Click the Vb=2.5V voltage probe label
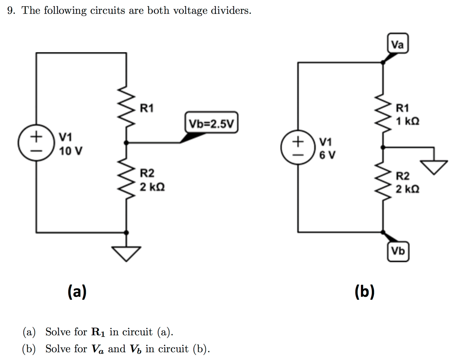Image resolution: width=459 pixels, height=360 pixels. [x=211, y=123]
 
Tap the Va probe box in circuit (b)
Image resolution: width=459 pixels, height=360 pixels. [x=398, y=43]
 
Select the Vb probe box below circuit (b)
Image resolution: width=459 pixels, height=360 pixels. [x=398, y=251]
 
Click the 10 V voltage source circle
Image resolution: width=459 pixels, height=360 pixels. [x=36, y=143]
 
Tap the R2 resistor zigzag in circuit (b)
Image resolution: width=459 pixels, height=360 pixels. [x=383, y=180]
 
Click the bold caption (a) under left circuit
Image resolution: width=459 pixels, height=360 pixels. [x=77, y=291]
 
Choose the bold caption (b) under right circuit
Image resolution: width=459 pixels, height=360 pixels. [x=365, y=291]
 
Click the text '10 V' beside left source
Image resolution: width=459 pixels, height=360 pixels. [x=71, y=151]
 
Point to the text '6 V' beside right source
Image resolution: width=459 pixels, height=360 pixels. [x=327, y=155]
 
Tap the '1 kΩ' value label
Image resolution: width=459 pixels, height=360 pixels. [x=407, y=121]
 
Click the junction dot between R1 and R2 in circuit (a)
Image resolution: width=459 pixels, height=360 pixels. [x=126, y=143]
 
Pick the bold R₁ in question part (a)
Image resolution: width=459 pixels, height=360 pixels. [x=98, y=332]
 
